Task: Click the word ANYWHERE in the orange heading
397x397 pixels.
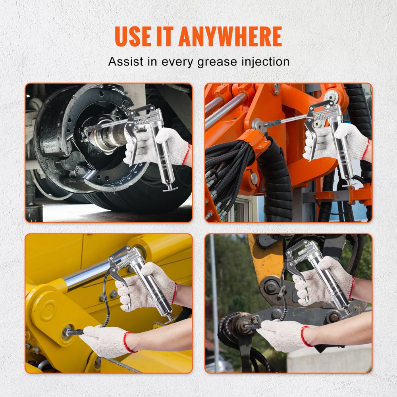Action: [230, 37]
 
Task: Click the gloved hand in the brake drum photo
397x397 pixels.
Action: [171, 145]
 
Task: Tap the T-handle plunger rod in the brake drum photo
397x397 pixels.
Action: [170, 188]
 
